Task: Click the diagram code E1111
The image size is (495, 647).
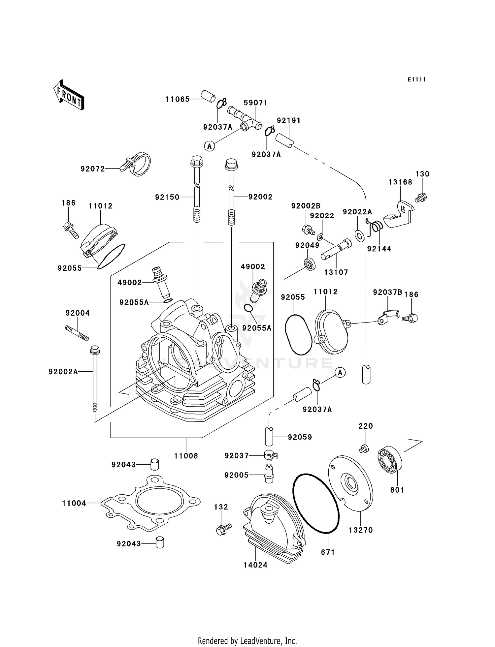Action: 416,79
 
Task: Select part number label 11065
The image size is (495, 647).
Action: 178,99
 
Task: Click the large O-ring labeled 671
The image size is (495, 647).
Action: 316,504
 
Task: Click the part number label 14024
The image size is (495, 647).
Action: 255,565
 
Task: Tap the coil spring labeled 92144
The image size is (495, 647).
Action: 376,227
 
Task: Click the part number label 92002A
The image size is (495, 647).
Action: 63,372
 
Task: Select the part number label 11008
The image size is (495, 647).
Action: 186,456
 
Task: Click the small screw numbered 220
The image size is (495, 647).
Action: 364,448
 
